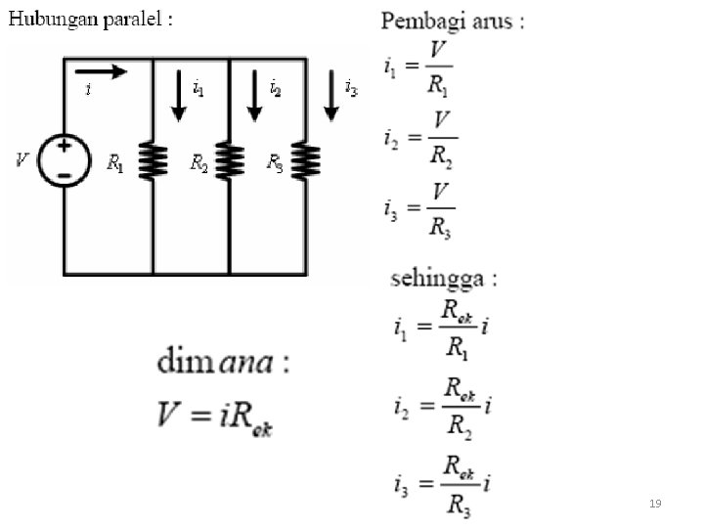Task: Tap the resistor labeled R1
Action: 153,161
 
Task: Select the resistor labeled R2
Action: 229,161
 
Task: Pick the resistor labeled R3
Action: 306,161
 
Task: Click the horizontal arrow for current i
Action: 100,70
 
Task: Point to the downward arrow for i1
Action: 178,96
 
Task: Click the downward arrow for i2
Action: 254,96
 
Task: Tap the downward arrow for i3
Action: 331,96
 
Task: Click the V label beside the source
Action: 22,159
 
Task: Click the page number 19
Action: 655,504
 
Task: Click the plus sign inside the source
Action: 65,146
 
